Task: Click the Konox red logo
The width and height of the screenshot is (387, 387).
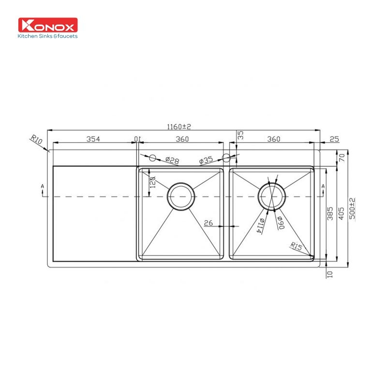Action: (x=47, y=25)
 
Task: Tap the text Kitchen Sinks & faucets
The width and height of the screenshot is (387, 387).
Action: (x=47, y=36)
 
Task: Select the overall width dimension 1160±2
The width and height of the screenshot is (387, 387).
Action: (x=179, y=127)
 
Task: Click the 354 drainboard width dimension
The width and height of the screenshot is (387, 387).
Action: (x=93, y=139)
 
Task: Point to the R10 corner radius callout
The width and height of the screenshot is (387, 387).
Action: (x=36, y=141)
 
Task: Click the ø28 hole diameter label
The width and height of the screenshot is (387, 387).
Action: (x=172, y=160)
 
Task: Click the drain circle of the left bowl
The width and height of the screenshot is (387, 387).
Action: (x=181, y=197)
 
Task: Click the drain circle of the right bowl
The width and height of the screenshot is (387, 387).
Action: (x=272, y=197)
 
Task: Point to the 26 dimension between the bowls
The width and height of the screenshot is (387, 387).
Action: (x=208, y=223)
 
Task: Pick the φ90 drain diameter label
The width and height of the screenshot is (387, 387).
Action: (x=280, y=222)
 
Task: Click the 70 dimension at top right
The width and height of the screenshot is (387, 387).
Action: (x=342, y=157)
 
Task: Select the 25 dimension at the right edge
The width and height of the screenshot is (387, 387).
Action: (x=334, y=139)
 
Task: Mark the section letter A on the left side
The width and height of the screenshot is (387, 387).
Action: (x=44, y=186)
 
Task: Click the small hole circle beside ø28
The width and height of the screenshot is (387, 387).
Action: (x=152, y=158)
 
